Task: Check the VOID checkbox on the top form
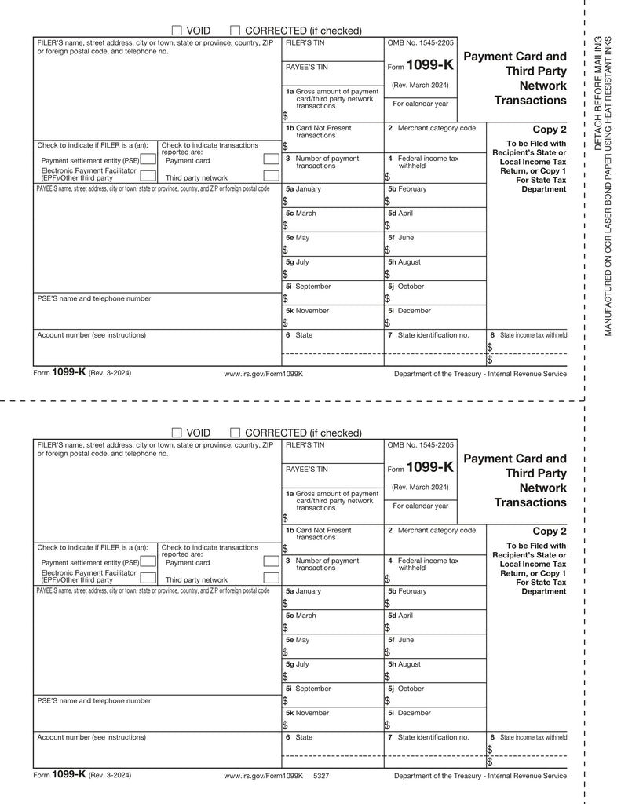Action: pos(177,31)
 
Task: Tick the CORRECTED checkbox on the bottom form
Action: pos(235,433)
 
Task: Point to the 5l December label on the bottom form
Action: pos(409,713)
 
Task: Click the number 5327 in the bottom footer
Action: pos(320,775)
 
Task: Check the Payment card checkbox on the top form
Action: pos(271,160)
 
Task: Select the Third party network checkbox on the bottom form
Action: pos(271,579)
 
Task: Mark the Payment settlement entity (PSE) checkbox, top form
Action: pos(147,160)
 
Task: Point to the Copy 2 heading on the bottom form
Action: pos(549,532)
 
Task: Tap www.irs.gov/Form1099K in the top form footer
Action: pos(263,374)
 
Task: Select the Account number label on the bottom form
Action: pos(91,737)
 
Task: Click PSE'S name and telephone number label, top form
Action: pos(94,298)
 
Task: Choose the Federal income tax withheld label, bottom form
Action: pos(423,564)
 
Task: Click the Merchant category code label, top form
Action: pos(432,128)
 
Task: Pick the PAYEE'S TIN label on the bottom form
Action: pos(306,470)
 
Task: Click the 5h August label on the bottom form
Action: pos(404,664)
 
